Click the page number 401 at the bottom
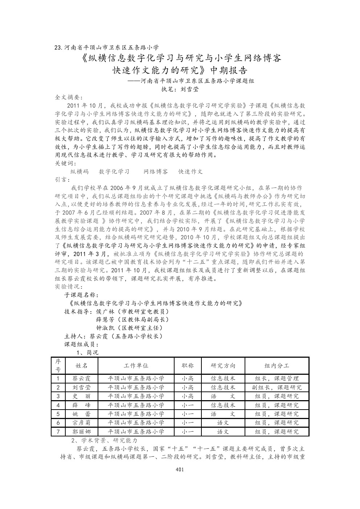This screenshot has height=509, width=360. [x=180, y=470]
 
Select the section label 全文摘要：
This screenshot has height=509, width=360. [x=69, y=98]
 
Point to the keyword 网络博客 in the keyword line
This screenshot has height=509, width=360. [x=156, y=172]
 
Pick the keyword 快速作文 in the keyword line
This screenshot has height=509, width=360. [x=191, y=172]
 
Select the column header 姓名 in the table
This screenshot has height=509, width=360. [x=81, y=365]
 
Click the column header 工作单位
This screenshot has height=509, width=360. [x=136, y=365]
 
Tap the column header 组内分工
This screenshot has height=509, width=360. [x=277, y=365]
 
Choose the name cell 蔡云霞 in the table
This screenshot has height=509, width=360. [x=81, y=378]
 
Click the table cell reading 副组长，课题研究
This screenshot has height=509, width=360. [x=277, y=387]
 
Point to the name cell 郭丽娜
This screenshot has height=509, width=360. [x=81, y=432]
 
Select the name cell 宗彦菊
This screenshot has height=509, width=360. [x=81, y=423]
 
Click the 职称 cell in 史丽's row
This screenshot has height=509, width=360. [x=187, y=396]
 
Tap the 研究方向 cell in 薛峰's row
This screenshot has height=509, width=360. [x=223, y=405]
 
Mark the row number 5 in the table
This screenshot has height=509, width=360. [x=58, y=414]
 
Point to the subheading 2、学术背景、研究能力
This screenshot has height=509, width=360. [x=105, y=440]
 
